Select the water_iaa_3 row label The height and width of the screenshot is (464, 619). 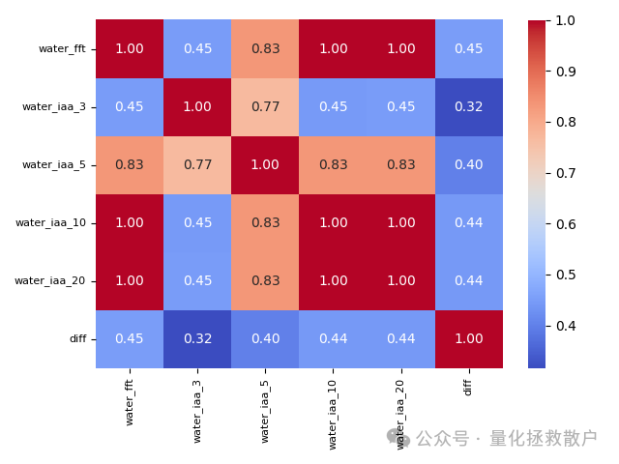click(x=54, y=106)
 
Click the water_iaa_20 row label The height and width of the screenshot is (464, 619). click(x=50, y=280)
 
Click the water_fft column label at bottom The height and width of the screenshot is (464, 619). click(x=130, y=401)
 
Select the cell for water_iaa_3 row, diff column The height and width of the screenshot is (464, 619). click(x=468, y=106)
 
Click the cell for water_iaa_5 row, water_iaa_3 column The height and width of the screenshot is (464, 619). click(x=197, y=164)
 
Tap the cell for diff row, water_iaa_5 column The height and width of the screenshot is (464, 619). click(x=265, y=338)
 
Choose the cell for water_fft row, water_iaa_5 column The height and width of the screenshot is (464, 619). click(x=265, y=48)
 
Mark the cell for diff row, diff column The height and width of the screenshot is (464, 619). click(x=468, y=338)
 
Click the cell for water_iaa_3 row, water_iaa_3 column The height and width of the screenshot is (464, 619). click(x=197, y=106)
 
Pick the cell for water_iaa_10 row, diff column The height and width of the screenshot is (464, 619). click(x=468, y=222)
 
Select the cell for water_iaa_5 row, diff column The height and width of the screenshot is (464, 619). click(x=468, y=164)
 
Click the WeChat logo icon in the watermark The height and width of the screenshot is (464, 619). click(x=398, y=439)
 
